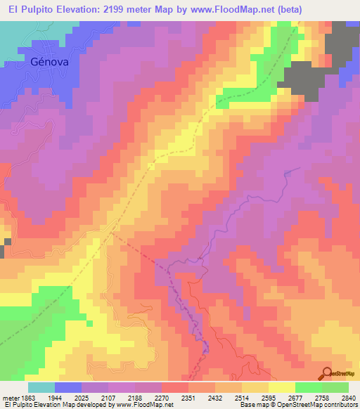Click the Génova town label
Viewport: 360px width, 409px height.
coord(49,62)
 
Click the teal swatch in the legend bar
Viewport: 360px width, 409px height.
coord(41,387)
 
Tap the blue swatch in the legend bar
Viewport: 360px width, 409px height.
coord(68,387)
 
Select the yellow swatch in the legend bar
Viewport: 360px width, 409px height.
coord(282,387)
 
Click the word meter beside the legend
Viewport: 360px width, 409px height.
coord(9,398)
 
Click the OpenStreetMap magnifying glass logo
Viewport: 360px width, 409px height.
coord(326,373)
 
